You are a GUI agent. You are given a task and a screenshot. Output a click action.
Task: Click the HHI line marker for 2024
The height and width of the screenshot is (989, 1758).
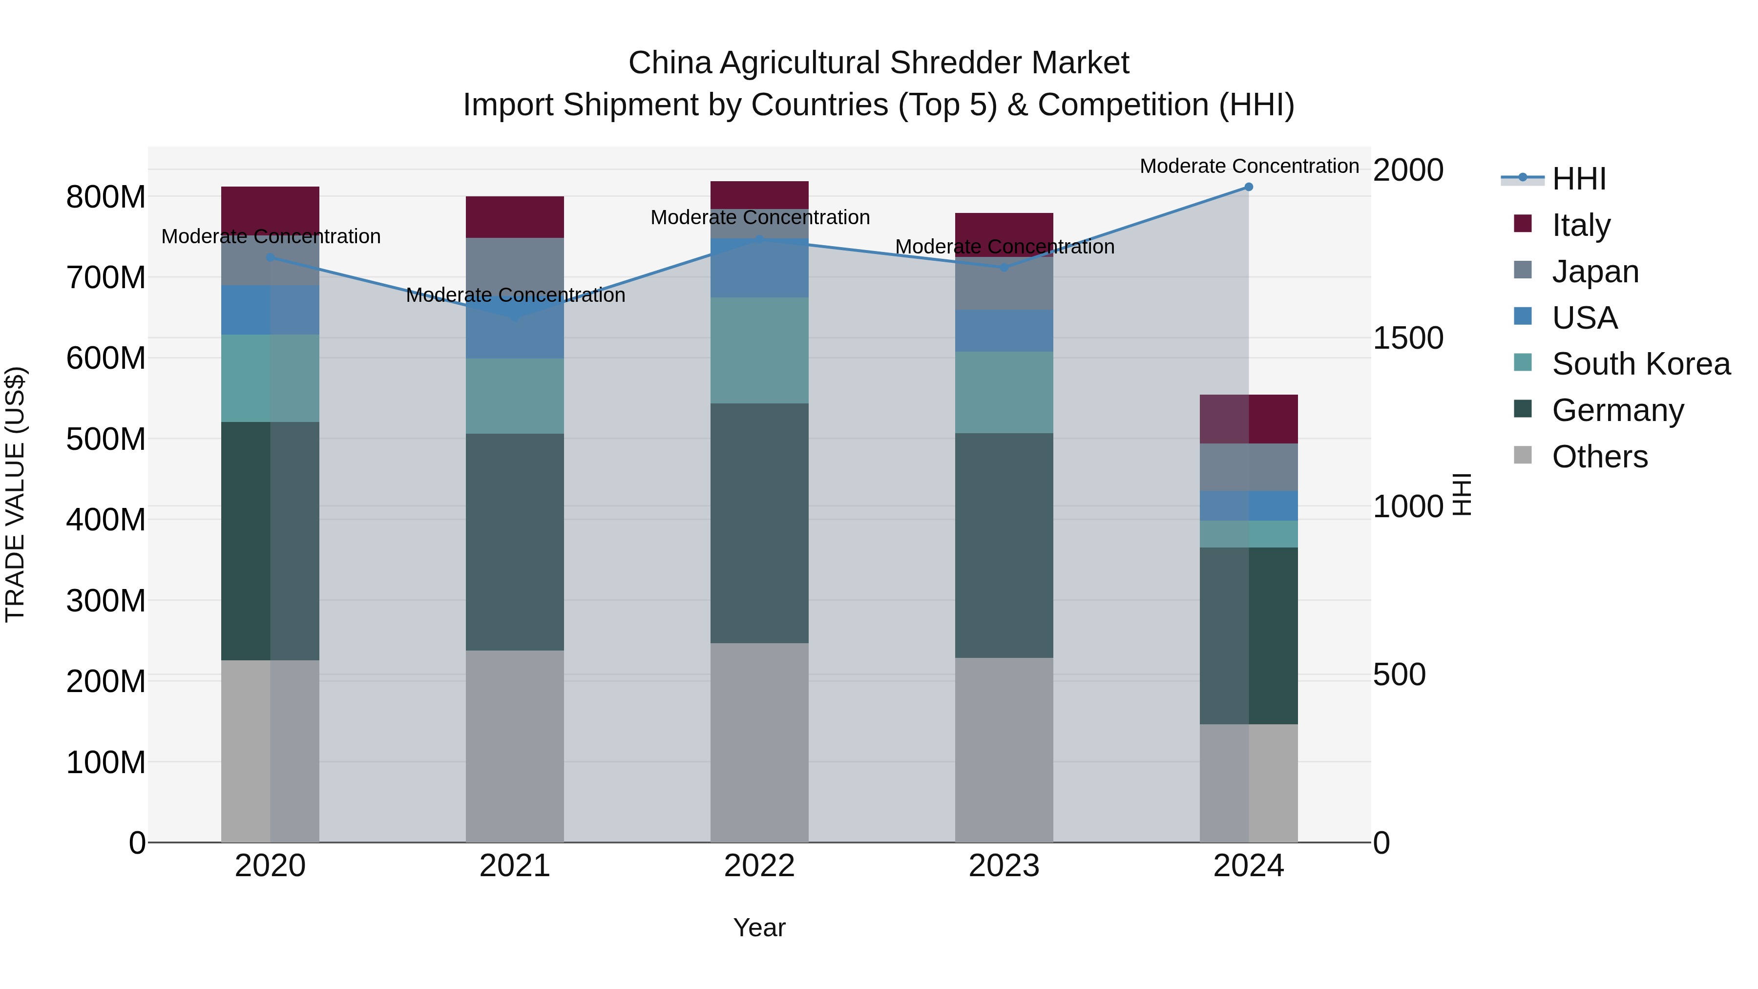(x=1248, y=187)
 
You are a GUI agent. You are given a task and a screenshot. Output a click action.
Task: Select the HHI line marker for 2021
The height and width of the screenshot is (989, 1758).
(x=515, y=317)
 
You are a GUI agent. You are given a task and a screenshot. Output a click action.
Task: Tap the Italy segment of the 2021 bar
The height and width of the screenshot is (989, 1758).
(x=515, y=216)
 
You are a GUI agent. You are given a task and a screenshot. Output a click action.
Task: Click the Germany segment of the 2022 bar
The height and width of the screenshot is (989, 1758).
(x=759, y=522)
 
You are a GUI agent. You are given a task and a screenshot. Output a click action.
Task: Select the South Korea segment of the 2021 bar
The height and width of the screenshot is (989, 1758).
(x=515, y=396)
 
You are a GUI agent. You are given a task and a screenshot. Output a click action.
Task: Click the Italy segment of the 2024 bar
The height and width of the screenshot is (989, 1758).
(x=1248, y=419)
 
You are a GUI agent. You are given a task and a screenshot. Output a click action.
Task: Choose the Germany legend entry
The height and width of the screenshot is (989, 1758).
(x=1617, y=410)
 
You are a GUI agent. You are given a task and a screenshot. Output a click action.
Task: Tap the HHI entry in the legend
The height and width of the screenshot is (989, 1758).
(x=1578, y=179)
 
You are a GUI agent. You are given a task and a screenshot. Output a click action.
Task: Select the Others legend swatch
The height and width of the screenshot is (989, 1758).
(x=1523, y=455)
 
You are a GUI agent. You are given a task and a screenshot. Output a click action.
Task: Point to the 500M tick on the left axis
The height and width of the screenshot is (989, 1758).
(x=106, y=439)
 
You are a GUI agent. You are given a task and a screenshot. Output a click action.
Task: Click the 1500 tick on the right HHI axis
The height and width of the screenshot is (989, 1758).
(x=1408, y=338)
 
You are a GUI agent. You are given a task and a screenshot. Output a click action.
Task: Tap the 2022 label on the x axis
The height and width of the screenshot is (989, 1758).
(x=759, y=866)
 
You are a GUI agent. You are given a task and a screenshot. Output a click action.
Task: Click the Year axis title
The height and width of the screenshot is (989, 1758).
(x=759, y=927)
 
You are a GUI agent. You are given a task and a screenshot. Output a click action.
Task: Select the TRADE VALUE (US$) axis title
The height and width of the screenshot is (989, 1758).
(x=15, y=494)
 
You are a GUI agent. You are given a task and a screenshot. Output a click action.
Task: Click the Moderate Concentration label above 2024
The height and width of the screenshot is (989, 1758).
(x=1249, y=166)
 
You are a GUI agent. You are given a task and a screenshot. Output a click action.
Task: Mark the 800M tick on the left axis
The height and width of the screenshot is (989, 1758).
(x=106, y=197)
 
